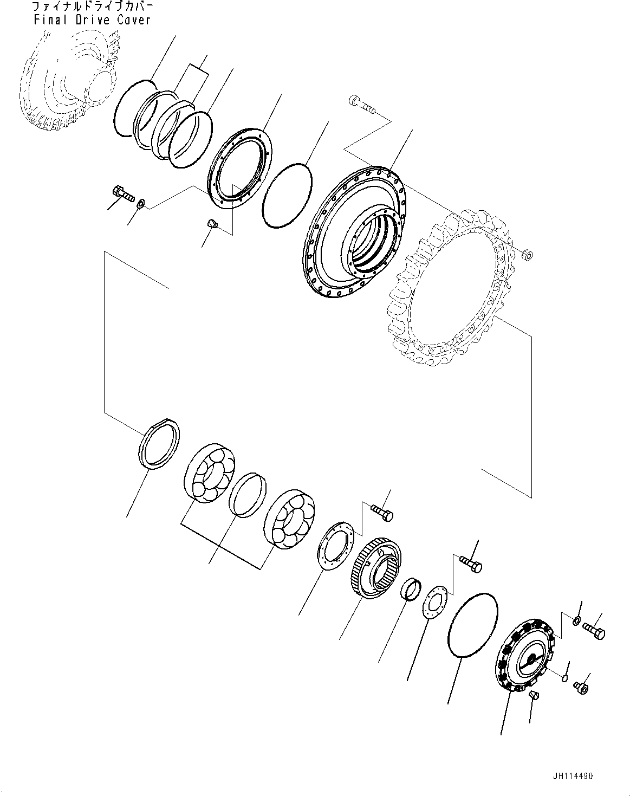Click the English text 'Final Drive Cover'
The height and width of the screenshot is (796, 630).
coord(92,20)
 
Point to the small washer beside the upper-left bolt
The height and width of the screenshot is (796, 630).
coord(141,203)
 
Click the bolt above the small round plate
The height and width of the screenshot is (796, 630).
coord(470,564)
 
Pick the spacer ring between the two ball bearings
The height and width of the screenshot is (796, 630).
coord(248,493)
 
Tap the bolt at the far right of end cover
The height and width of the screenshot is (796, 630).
coord(594,631)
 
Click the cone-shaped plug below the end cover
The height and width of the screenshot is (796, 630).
coord(533,695)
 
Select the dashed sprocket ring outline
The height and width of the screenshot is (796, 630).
coord(452,287)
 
